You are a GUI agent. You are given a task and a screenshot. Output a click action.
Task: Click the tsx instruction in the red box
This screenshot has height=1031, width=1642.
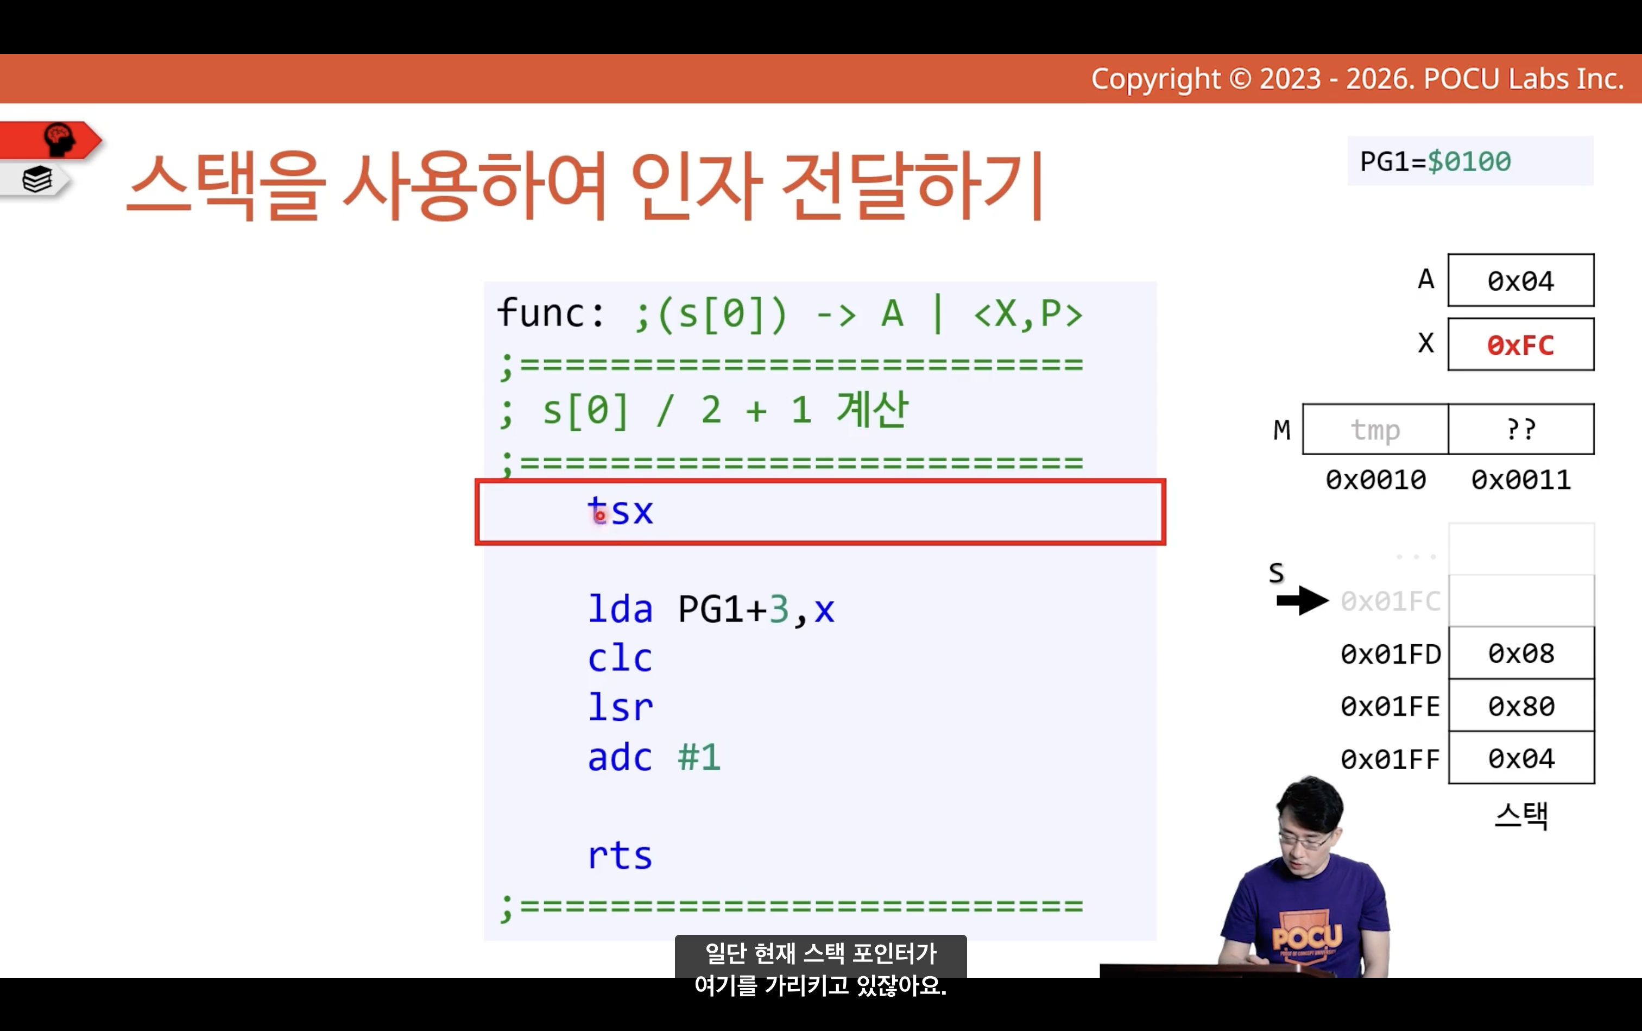pos(620,511)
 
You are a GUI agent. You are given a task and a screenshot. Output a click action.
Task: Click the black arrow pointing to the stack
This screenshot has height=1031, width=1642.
pos(1303,601)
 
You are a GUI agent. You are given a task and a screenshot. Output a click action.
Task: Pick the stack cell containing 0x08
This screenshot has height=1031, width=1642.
pos(1521,653)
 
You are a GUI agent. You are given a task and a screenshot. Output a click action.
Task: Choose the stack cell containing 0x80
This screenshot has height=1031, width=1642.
pos(1521,706)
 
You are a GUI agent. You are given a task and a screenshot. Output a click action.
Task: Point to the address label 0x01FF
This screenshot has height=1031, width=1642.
pos(1391,759)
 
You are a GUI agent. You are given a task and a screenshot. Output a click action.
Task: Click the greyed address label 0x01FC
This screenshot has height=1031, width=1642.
pos(1391,601)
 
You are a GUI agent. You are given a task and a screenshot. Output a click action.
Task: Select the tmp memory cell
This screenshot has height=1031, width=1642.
pos(1375,430)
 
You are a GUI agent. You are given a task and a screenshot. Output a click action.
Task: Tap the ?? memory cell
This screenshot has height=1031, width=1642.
pos(1521,430)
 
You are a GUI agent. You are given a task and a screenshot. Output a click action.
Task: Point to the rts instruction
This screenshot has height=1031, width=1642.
pos(620,855)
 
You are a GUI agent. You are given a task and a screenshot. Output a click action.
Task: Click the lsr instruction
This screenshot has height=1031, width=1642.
pos(620,707)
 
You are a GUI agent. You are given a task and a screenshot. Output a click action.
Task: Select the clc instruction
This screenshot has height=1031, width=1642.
pos(620,658)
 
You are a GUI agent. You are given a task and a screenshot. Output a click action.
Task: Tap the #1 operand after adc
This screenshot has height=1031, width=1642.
pos(699,757)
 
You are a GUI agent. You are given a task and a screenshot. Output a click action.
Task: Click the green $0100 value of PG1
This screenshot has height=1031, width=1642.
pos(1469,162)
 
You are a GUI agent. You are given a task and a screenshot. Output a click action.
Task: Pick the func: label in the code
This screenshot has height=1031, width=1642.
pos(550,313)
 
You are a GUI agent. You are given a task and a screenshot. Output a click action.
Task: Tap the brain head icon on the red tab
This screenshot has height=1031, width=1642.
pos(59,139)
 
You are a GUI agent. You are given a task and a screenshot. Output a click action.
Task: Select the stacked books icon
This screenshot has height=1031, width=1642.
pos(37,180)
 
